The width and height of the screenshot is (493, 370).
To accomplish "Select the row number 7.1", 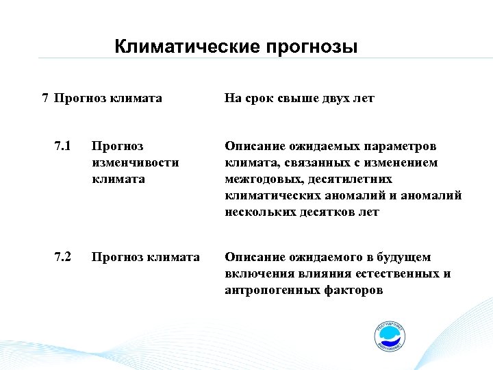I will pos(62,146).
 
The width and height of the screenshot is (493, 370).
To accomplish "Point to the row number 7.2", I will pos(62,257).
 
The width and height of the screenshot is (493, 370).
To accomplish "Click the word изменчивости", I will pos(135,162).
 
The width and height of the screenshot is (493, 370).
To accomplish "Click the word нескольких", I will pos(257,212).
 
